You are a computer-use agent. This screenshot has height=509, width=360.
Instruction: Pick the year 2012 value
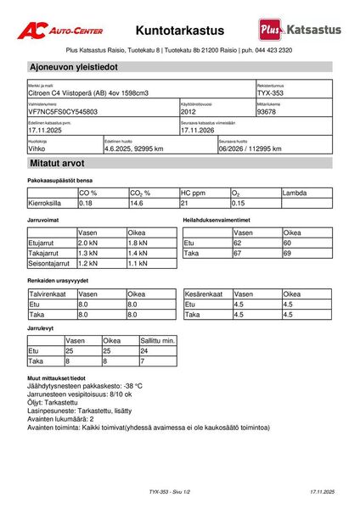click(x=189, y=111)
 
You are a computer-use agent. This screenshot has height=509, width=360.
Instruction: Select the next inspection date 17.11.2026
click(x=201, y=131)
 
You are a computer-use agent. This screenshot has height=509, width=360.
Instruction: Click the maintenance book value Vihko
click(x=37, y=148)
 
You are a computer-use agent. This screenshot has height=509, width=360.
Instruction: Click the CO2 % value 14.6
click(x=137, y=204)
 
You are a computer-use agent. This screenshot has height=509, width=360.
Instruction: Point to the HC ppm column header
click(x=194, y=193)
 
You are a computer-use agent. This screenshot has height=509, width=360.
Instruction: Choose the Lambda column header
click(x=295, y=193)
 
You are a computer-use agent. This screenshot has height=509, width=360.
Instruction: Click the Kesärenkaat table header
click(x=206, y=294)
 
